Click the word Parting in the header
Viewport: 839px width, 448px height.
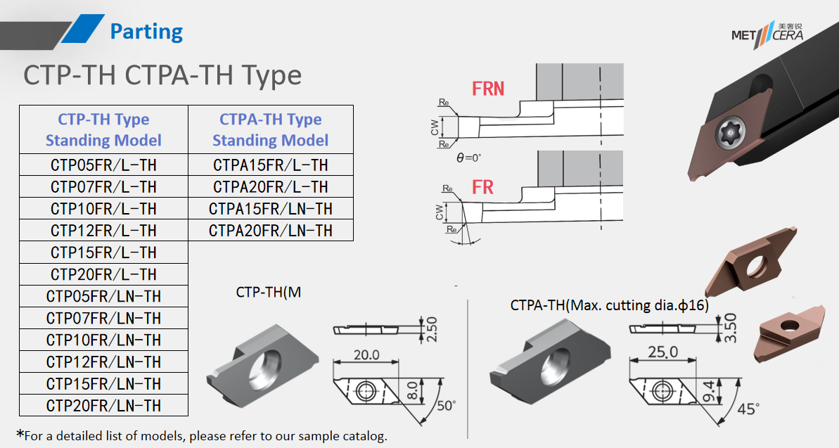click(x=146, y=32)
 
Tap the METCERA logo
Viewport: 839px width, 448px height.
click(x=767, y=33)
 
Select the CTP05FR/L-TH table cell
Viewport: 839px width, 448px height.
click(x=103, y=165)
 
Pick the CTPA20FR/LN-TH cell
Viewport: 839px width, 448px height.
click(x=271, y=231)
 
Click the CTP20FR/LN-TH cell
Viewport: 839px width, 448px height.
click(x=103, y=406)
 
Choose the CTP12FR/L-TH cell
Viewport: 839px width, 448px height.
click(x=103, y=231)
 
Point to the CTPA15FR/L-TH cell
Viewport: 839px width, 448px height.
click(x=271, y=165)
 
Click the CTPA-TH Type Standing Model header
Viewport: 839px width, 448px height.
click(x=271, y=129)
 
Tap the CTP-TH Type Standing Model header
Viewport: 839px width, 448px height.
click(x=103, y=129)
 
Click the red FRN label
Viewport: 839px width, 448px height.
click(x=488, y=89)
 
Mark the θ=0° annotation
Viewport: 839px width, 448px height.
click(x=469, y=158)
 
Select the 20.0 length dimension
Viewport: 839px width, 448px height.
click(x=366, y=354)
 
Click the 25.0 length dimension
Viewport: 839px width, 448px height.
click(x=663, y=352)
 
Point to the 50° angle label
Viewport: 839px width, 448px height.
click(x=445, y=406)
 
